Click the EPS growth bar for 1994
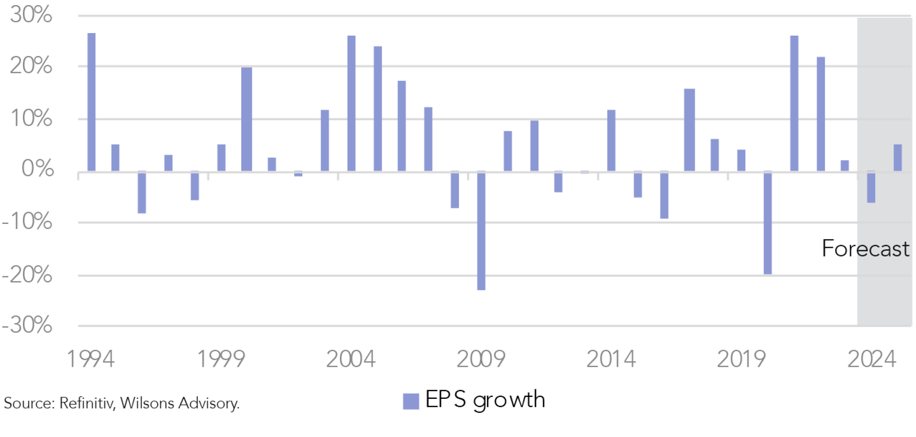92,102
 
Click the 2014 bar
611,140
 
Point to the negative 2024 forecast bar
871,187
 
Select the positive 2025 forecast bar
898,158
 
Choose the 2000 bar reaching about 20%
247,119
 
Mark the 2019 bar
741,160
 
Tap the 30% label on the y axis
31,14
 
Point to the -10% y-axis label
27,221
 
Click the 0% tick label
38,168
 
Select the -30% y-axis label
27,325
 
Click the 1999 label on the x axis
221,359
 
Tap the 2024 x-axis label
871,359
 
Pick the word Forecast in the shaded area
865,249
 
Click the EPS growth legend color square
411,401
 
